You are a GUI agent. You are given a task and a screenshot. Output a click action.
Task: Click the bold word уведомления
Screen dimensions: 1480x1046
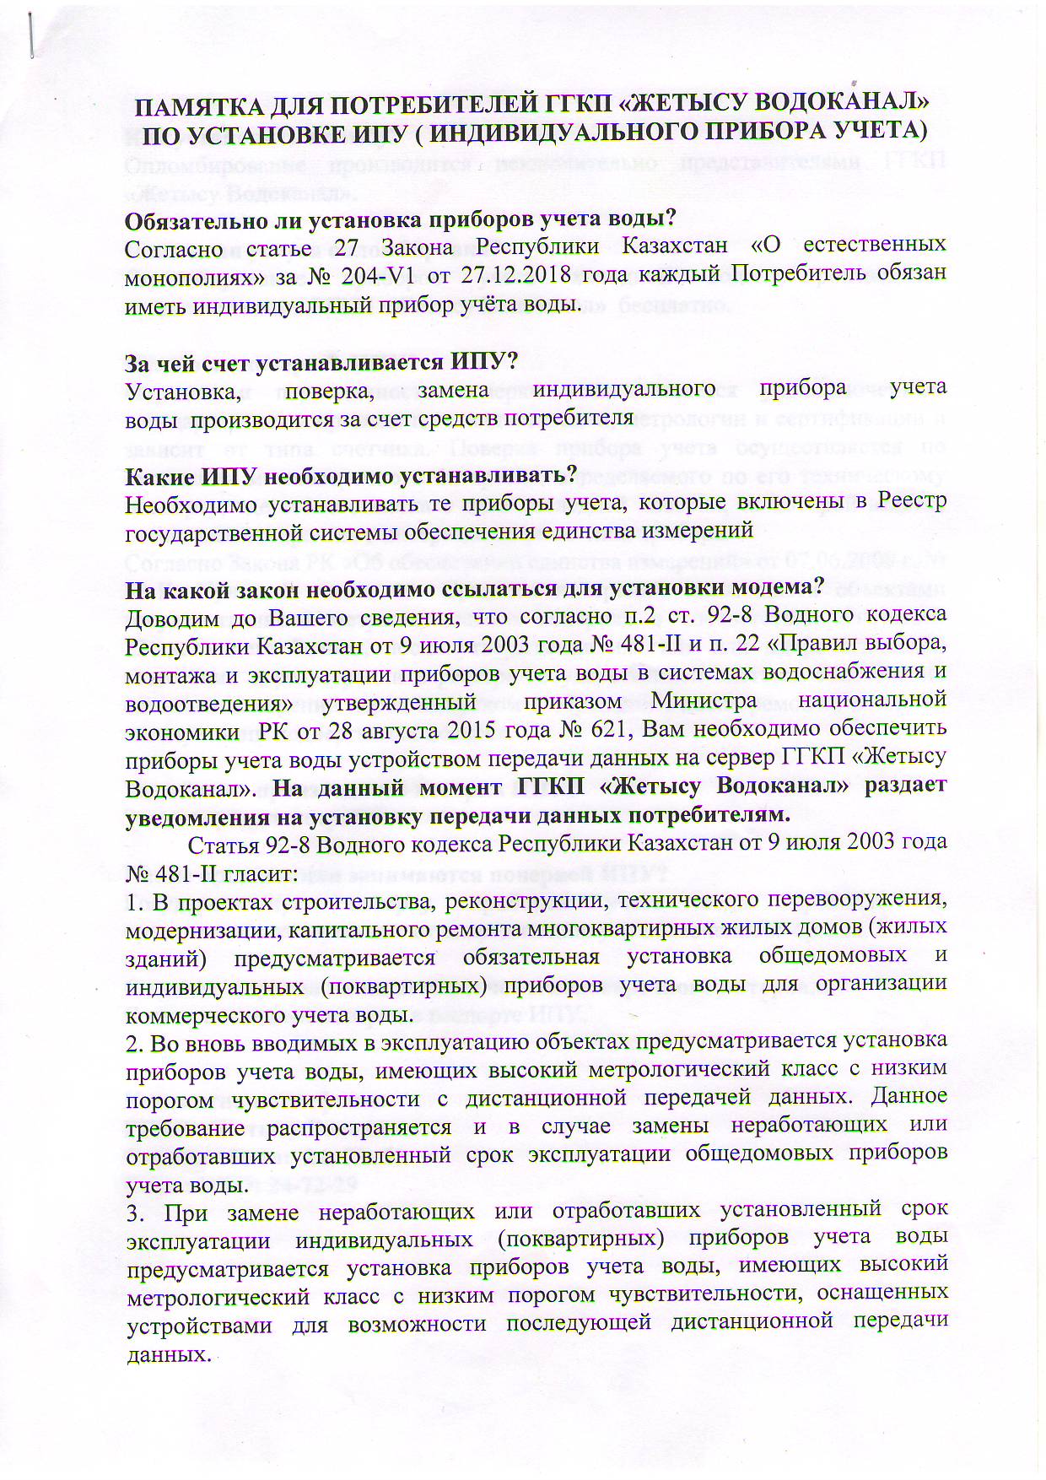point(201,815)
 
